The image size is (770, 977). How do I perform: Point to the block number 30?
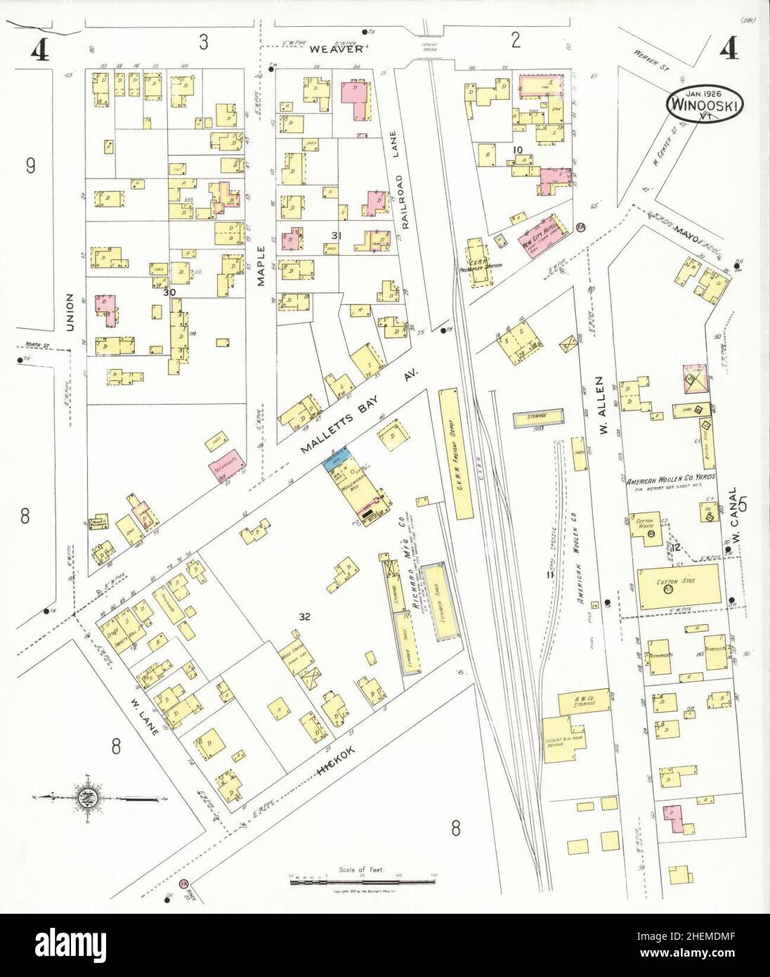point(169,293)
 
